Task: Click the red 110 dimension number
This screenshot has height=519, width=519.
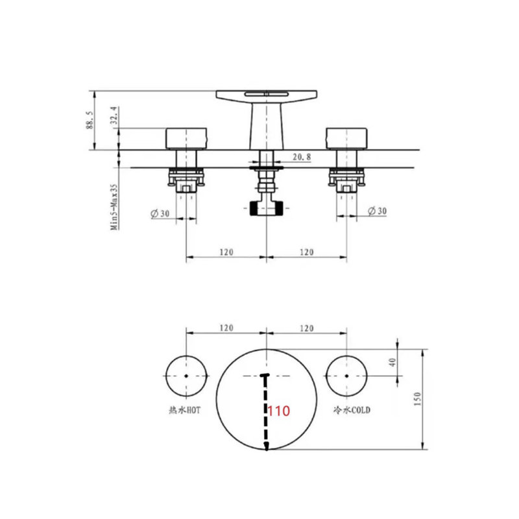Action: pos(278,411)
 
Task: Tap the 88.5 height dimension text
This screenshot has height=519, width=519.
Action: pos(90,120)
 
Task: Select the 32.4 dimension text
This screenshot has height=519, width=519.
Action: pos(114,115)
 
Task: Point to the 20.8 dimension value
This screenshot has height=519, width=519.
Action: pos(302,156)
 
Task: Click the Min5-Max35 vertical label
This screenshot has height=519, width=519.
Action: pos(114,207)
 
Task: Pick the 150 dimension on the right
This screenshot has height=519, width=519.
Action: pos(416,399)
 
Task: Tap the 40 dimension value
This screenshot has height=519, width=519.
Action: pos(392,362)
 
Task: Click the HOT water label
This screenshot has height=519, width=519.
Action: pos(184,410)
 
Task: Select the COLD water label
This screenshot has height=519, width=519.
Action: pos(352,410)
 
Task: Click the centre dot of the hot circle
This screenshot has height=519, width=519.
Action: pos(186,376)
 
